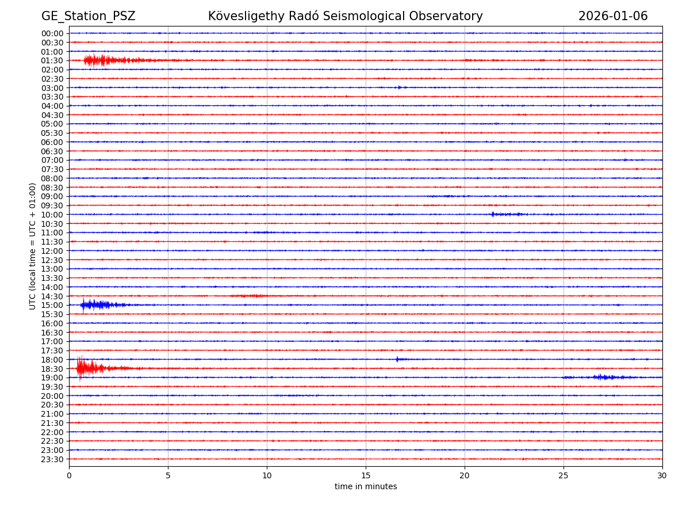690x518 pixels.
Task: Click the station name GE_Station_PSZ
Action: [x=88, y=16]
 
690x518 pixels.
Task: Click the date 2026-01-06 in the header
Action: [x=612, y=16]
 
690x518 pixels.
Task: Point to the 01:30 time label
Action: [x=52, y=60]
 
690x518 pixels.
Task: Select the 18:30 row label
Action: [x=52, y=368]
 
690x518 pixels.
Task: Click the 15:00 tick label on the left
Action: [x=52, y=305]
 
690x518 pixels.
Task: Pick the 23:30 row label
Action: [x=52, y=459]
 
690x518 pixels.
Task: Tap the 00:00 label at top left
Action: [x=52, y=33]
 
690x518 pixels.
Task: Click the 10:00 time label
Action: [x=52, y=215]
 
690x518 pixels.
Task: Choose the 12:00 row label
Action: [x=52, y=251]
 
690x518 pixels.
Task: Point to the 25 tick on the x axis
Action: [x=563, y=476]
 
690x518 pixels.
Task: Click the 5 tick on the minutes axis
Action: [x=168, y=476]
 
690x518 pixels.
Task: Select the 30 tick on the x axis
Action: [x=662, y=476]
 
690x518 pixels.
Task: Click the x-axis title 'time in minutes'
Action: [x=366, y=487]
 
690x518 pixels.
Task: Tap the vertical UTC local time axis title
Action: [x=33, y=246]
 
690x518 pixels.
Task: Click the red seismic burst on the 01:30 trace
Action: [x=103, y=60]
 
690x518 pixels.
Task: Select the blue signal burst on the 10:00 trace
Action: [x=506, y=214]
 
